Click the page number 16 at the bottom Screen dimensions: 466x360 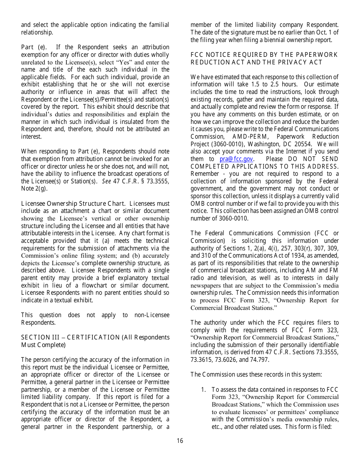coord(180,441)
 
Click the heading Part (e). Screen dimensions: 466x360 coord(34,47)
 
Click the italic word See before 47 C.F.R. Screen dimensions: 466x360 coord(107,181)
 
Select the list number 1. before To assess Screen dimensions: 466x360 coord(203,389)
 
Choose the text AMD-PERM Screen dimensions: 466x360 coord(248,137)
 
